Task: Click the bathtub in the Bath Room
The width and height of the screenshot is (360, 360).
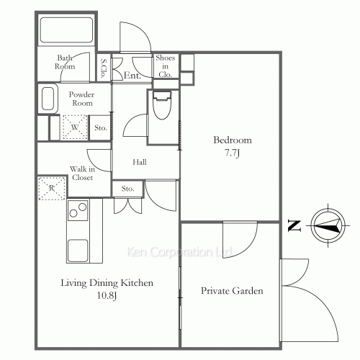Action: point(66,30)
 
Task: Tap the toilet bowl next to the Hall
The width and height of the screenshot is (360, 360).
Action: point(163,105)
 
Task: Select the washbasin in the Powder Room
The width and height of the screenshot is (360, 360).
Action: point(48,99)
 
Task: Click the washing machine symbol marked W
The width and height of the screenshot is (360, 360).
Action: point(75,127)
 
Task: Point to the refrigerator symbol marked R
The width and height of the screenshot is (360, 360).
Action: point(52,188)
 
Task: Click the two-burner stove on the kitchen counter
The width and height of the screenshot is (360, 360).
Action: point(78,210)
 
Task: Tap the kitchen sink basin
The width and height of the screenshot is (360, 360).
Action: point(78,251)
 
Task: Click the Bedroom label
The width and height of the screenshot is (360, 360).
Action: point(233,140)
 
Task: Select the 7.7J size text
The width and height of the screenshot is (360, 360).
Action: point(232,153)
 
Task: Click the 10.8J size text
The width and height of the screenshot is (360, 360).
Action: point(107,295)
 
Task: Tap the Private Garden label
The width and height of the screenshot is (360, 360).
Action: point(232,291)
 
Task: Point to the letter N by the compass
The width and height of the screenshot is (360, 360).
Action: point(294,226)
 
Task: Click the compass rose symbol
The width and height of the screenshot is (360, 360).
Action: point(328,225)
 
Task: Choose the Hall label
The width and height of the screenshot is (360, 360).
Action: point(140,162)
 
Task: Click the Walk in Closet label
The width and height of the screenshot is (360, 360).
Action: point(82,174)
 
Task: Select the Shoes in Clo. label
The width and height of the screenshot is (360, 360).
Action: point(165,66)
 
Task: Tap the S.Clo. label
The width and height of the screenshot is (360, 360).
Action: point(104,68)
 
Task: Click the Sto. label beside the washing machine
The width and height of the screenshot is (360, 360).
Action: point(101,127)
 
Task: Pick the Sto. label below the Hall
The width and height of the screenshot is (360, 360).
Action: point(127,189)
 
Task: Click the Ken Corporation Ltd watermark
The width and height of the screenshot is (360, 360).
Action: point(179,252)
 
